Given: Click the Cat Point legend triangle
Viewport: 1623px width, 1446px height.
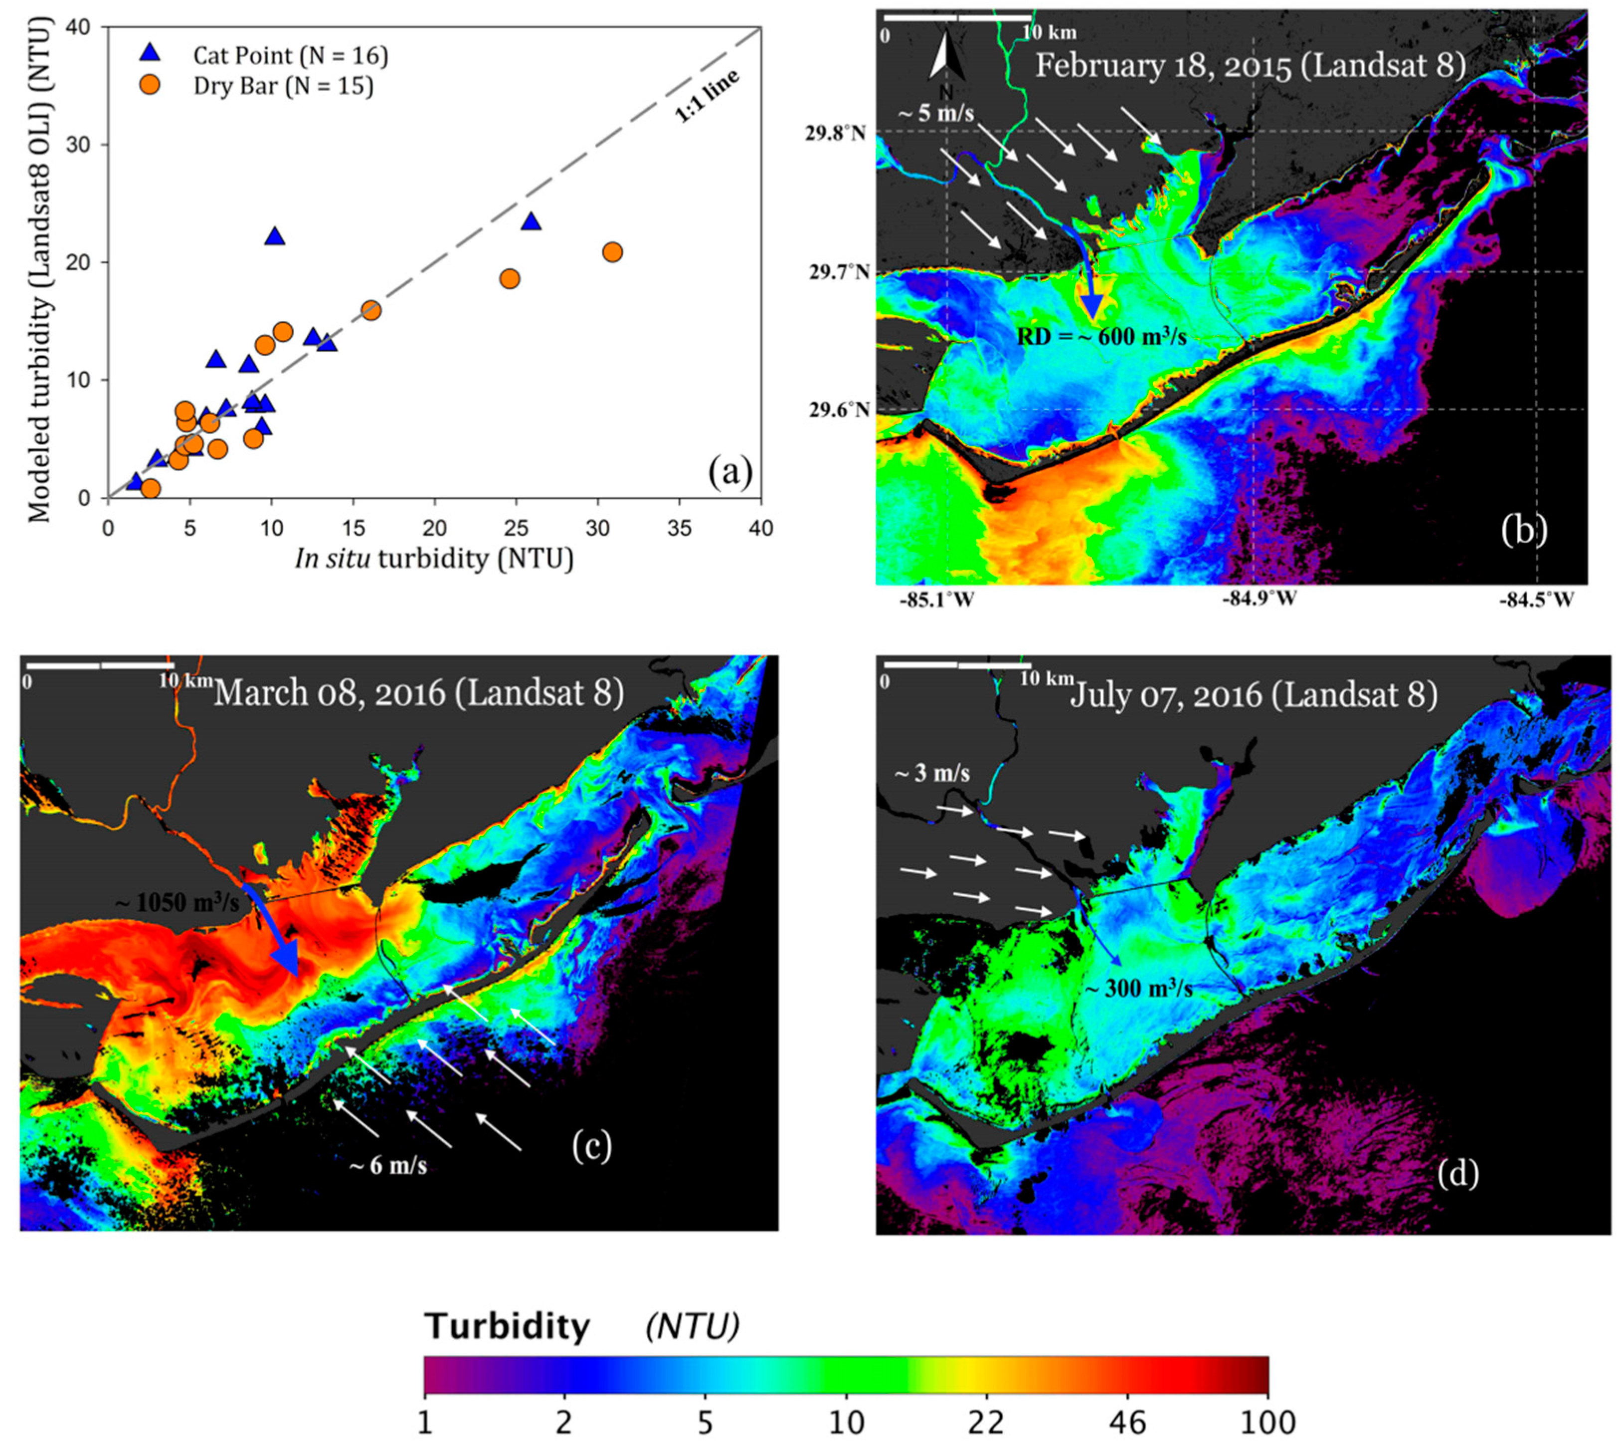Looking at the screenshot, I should click(149, 53).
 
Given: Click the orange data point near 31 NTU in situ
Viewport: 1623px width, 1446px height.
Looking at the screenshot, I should click(612, 253).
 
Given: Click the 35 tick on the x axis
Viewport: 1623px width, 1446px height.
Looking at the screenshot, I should click(680, 528).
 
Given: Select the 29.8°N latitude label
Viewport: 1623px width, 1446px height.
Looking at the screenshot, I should click(835, 133).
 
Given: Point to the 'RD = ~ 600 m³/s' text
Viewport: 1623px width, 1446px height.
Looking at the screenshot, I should click(1101, 337).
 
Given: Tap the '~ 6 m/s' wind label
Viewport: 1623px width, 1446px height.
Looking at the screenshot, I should click(388, 1166).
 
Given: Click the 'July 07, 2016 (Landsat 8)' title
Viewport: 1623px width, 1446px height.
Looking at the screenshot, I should click(1254, 695).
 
